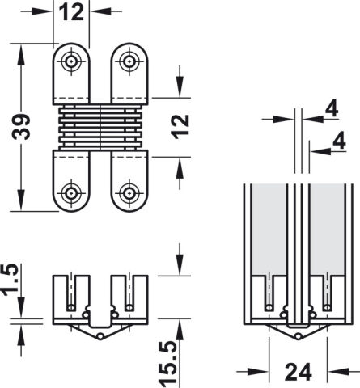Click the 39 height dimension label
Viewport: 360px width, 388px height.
pyautogui.click(x=21, y=127)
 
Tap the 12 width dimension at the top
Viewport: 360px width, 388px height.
pyautogui.click(x=71, y=12)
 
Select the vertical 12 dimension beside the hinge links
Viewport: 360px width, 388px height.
pyautogui.click(x=180, y=127)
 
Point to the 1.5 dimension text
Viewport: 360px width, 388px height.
pyautogui.click(x=11, y=280)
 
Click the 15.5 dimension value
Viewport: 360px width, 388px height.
pyautogui.click(x=168, y=363)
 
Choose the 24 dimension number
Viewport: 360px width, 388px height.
pyautogui.click(x=298, y=372)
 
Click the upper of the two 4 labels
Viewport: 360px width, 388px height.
pyautogui.click(x=332, y=108)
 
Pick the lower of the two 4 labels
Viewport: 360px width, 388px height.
pyautogui.click(x=339, y=141)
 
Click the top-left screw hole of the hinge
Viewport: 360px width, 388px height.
pyautogui.click(x=71, y=61)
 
